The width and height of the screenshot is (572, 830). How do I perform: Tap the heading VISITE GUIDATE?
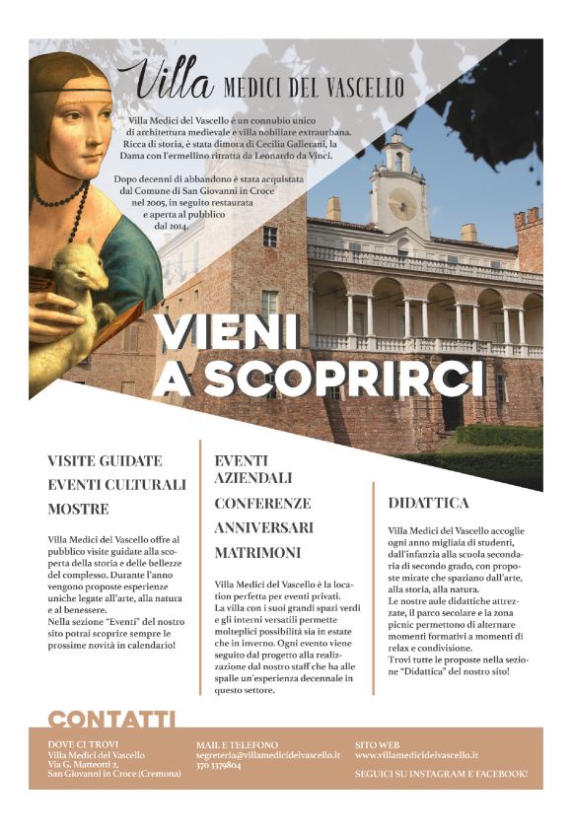point(106,460)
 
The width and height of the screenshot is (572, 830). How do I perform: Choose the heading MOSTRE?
point(79,510)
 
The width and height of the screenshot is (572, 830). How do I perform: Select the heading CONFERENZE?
point(263,503)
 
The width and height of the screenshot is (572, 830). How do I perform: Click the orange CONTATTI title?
point(111,720)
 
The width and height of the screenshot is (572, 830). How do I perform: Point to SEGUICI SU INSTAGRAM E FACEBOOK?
point(441,774)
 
